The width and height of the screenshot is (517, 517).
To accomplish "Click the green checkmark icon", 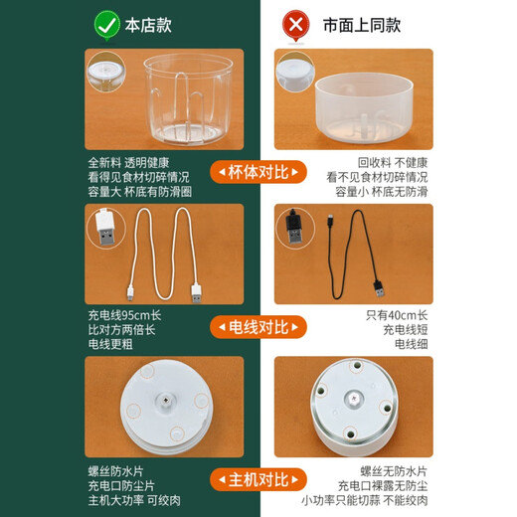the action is coord(106,26).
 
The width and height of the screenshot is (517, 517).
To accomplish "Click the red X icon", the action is coord(296,26).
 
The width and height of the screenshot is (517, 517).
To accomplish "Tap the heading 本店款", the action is coord(148,26).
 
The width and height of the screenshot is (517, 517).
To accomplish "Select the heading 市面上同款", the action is coord(362,26).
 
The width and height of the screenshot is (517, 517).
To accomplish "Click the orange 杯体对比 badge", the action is coord(258,172).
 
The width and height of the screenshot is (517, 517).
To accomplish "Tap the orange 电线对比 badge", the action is coord(258,327).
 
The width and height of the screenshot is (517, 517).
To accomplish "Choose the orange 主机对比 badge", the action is coord(258,479).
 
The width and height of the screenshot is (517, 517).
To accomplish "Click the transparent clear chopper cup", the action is coord(188,99).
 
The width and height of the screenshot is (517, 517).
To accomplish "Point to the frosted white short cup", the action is coord(364,106).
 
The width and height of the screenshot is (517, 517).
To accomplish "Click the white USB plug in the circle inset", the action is coord(105,228).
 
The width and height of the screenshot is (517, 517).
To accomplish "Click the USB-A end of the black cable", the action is coord(379,289).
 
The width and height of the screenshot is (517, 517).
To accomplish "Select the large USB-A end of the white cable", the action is coord(196,293).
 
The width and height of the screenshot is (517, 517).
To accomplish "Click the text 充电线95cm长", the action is coord(124,315).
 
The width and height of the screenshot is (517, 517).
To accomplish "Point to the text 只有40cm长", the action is coord(397,315).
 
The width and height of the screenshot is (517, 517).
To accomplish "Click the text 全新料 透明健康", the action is coord(128,163).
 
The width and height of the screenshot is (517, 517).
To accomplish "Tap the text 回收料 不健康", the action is coord(393,163).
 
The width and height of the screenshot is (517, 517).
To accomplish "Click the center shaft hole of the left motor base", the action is coord(164,400).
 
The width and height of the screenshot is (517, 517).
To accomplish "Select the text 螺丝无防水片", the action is coord(394,471).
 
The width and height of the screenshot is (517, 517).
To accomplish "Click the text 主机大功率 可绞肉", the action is coord(134,500).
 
